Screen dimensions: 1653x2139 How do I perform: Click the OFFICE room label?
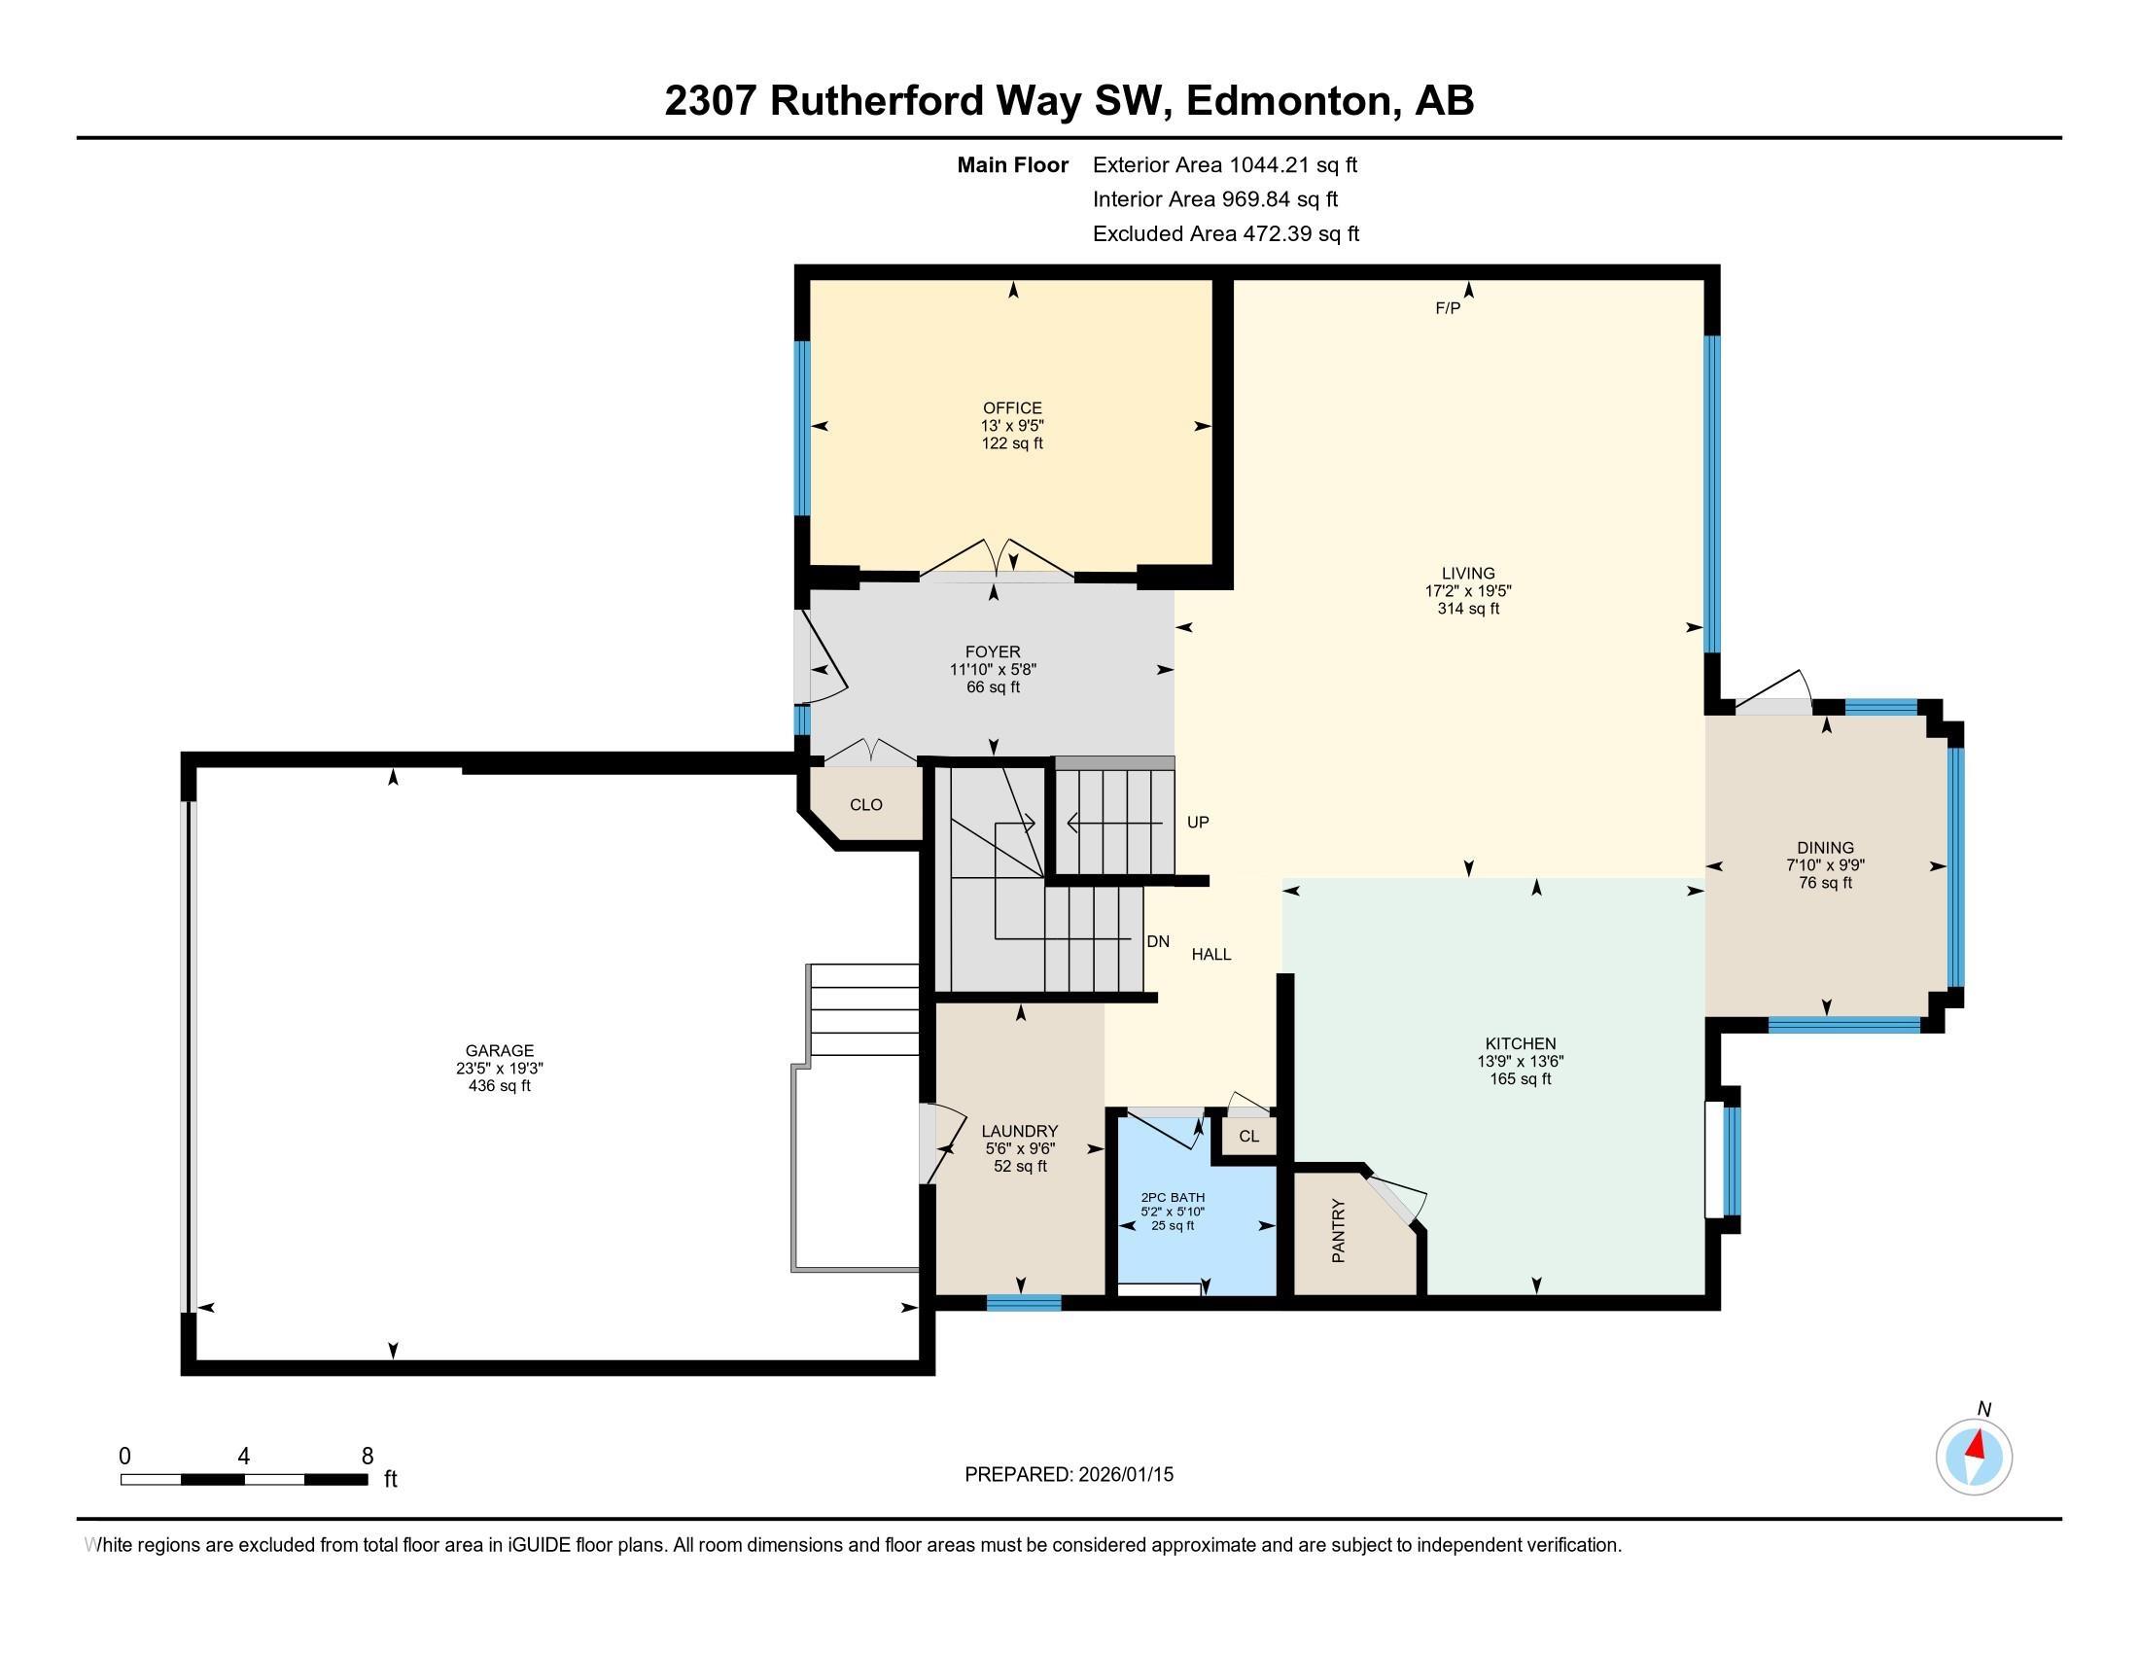pos(1012,407)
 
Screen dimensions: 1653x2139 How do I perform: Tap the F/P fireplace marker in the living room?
pos(1447,308)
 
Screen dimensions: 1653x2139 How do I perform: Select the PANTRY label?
pos(1338,1230)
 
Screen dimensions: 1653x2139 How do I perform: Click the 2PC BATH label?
pos(1173,1197)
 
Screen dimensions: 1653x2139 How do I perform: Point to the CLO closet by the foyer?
pos(865,804)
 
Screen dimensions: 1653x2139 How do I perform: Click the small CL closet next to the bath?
pos(1247,1136)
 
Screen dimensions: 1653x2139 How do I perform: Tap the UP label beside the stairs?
pos(1197,822)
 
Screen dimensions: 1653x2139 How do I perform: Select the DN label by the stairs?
pos(1158,941)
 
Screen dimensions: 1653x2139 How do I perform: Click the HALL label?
pos(1210,954)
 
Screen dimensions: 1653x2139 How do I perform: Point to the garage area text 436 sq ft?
pos(500,1086)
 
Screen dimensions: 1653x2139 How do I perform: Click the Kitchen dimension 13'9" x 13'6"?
pos(1520,1061)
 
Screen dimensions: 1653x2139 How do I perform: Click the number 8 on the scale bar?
pos(368,1456)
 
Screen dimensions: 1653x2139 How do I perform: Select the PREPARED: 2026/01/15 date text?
pos(1069,1474)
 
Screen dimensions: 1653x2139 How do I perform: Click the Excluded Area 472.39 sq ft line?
pos(1225,233)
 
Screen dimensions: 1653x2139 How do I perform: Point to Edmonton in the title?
pos(1291,101)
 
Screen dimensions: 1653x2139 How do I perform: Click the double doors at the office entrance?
pos(996,563)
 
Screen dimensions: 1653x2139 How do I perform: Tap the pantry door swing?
pos(1398,1197)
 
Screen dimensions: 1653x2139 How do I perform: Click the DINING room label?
pos(1825,847)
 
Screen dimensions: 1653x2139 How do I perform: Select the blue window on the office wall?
pos(802,427)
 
